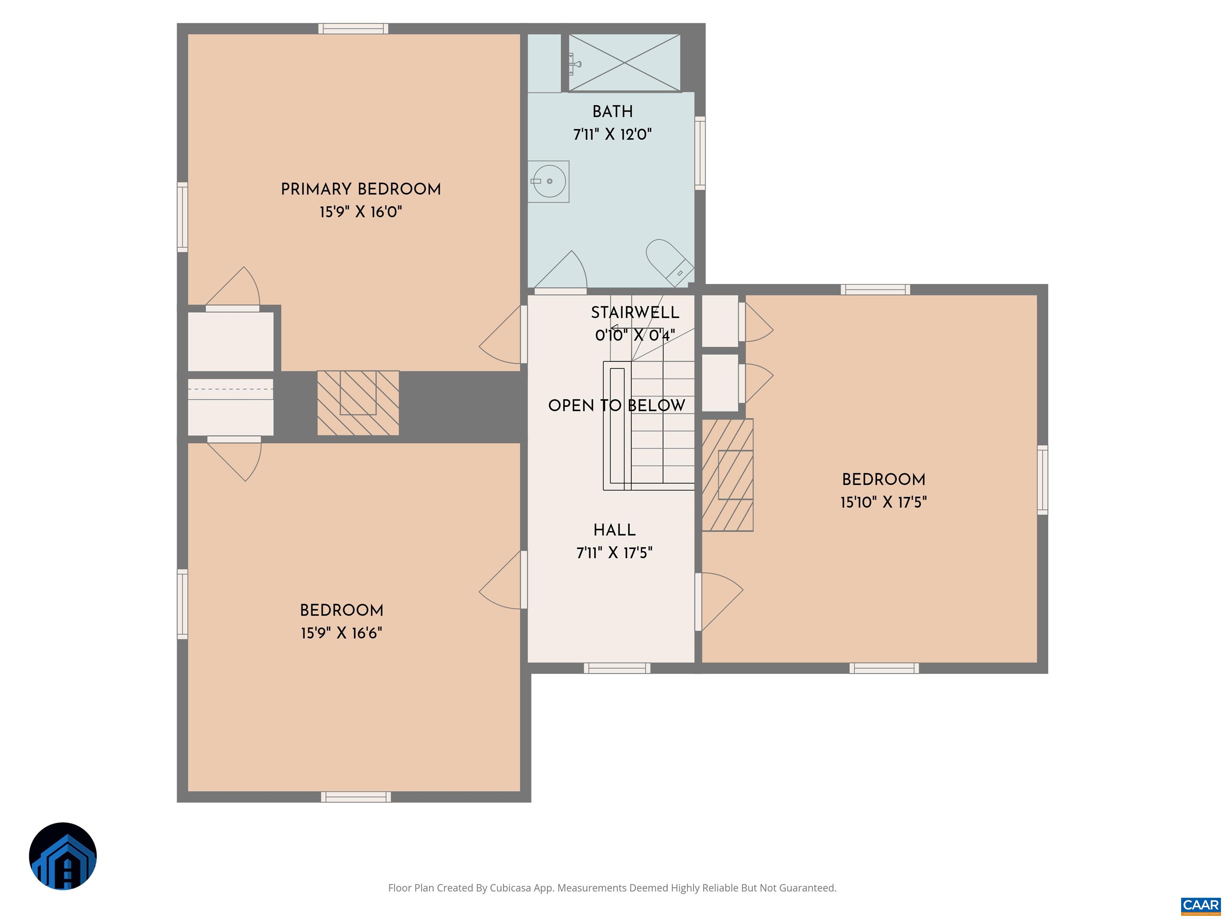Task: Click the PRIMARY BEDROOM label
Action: click(x=360, y=189)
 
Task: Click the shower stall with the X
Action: click(x=624, y=63)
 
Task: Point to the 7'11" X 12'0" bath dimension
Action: click(x=612, y=134)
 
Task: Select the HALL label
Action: click(x=614, y=530)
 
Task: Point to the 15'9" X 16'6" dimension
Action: click(x=341, y=633)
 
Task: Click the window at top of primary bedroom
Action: click(x=353, y=29)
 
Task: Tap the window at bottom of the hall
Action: click(x=616, y=668)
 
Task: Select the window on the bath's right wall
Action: click(x=700, y=153)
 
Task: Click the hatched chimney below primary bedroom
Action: click(x=358, y=403)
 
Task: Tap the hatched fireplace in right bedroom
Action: click(x=727, y=475)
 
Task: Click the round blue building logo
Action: click(x=63, y=856)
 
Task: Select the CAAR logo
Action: click(x=1200, y=905)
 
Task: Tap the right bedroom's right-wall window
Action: click(x=1042, y=480)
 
